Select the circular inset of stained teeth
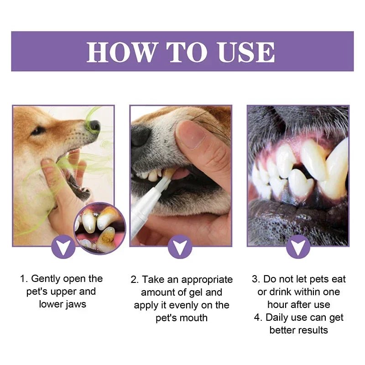(x=99, y=228)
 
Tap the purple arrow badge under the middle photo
(x=180, y=247)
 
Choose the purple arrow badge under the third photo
(x=298, y=247)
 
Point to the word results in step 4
(x=312, y=330)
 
